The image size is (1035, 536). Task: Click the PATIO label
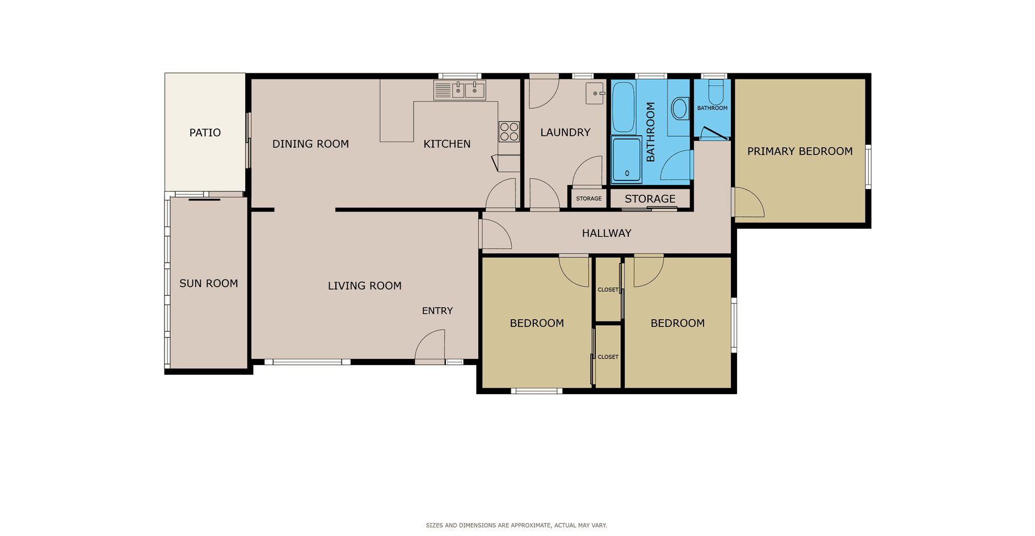click(x=205, y=132)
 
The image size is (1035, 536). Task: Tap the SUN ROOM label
click(x=208, y=283)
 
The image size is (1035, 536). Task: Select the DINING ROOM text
click(x=310, y=144)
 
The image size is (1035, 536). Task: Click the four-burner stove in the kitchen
click(x=509, y=132)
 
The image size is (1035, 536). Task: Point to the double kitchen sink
click(x=460, y=90)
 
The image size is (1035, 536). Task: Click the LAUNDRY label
click(x=565, y=132)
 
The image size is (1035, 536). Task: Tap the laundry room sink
click(x=595, y=93)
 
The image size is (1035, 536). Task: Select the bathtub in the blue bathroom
click(x=623, y=107)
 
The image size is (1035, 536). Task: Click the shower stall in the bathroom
click(x=626, y=159)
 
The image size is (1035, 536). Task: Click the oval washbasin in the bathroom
click(x=679, y=108)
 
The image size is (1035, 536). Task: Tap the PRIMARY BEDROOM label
click(x=800, y=151)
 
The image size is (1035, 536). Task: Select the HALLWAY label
click(x=607, y=233)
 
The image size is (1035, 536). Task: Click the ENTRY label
click(x=437, y=311)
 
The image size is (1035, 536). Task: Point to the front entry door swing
click(x=430, y=345)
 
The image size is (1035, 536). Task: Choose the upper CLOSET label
click(x=608, y=290)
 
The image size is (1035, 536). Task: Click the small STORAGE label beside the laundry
click(x=588, y=199)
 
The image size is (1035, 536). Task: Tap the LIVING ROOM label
click(x=364, y=286)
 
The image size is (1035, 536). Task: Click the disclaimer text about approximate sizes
click(x=516, y=525)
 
